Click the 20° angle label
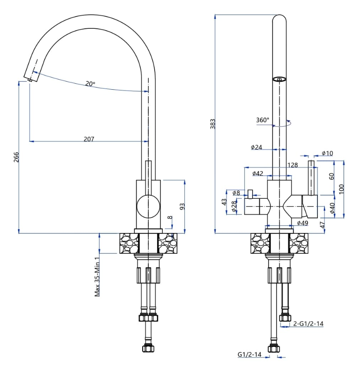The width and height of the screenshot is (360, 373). click(90, 84)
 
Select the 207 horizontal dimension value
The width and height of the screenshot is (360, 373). click(89, 139)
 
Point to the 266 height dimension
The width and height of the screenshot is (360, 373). click(16, 157)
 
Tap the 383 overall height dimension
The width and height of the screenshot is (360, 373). click(212, 124)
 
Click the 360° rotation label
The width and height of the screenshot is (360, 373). click(262, 120)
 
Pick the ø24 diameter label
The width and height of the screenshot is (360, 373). click(256, 147)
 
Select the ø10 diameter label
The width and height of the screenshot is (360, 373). click(327, 154)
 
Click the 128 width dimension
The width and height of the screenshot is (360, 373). click(293, 165)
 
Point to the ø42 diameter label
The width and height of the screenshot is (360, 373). click(257, 173)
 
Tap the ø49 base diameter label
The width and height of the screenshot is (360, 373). click(303, 223)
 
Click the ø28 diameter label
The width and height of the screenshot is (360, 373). click(234, 207)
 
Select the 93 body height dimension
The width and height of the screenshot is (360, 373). click(182, 206)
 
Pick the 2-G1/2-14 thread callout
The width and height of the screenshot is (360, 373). click(308, 324)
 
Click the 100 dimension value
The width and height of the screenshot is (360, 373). click(341, 189)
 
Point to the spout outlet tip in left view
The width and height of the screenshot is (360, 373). click(30, 79)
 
